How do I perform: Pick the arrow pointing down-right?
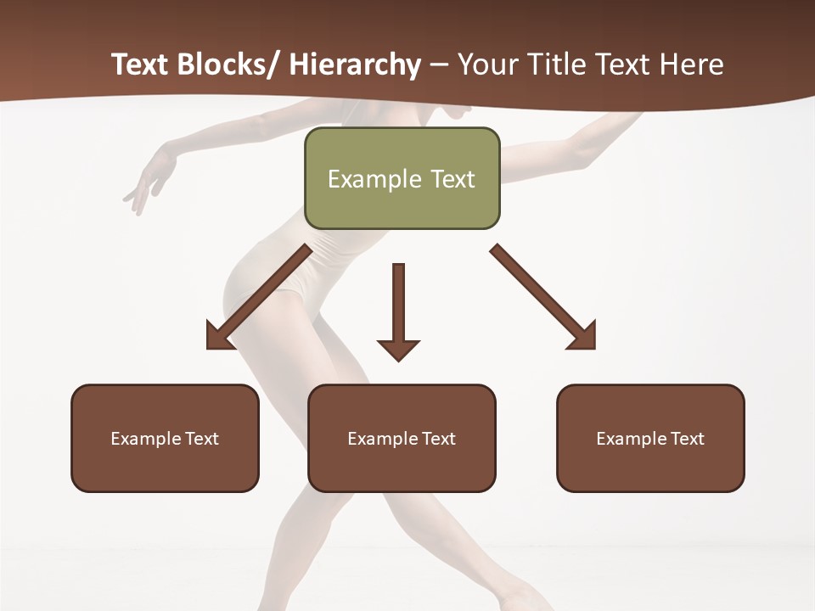[x=543, y=297]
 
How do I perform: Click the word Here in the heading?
[x=692, y=64]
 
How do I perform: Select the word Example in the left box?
[x=146, y=439]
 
